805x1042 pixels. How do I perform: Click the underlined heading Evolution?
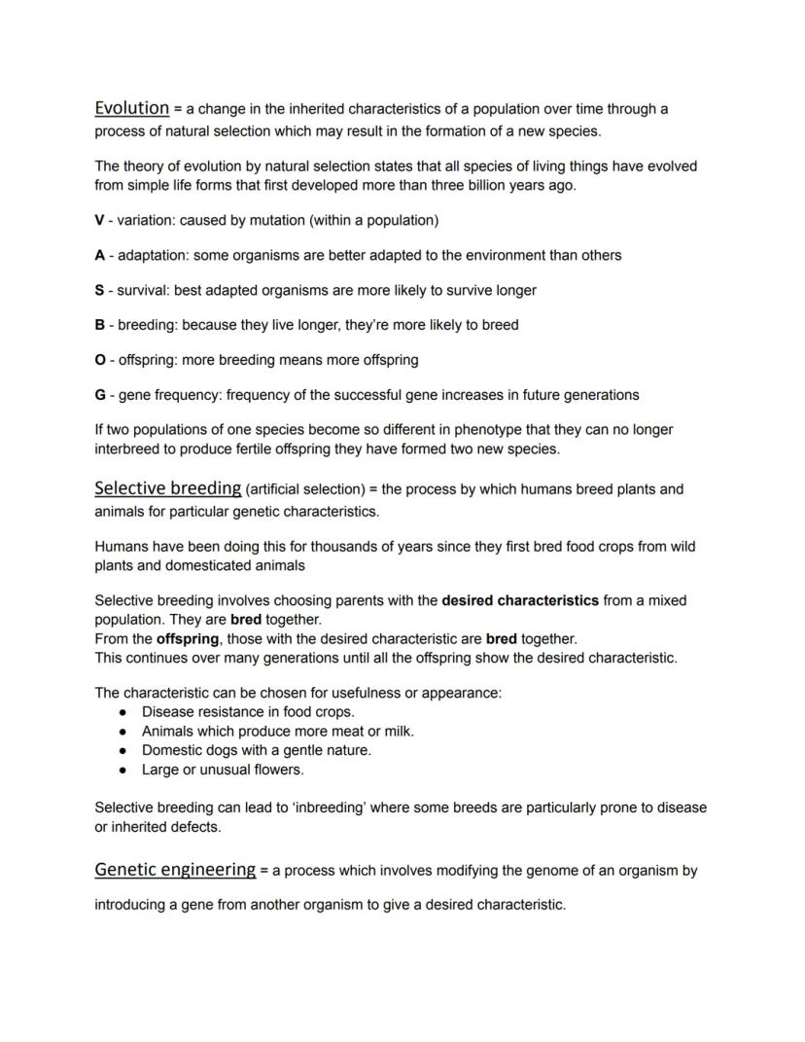pos(131,108)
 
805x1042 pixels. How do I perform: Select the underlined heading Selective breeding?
pos(167,488)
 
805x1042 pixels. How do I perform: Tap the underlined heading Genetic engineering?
pos(175,870)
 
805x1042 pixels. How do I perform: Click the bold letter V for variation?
pos(99,220)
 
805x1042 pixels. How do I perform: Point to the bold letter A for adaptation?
pos(99,255)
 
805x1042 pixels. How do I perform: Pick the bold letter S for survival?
pos(99,290)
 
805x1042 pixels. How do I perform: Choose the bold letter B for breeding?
pos(99,325)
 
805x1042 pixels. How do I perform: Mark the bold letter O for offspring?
pos(100,360)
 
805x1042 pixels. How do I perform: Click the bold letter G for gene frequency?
pos(100,395)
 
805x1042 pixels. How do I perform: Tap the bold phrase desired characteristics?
pos(520,600)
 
